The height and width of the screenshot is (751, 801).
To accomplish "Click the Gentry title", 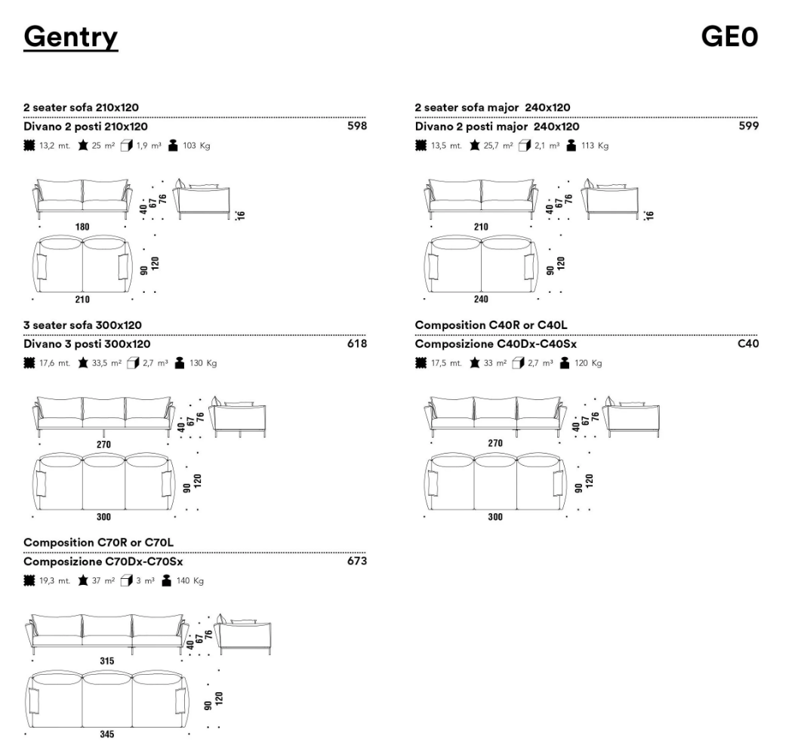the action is coord(70,37).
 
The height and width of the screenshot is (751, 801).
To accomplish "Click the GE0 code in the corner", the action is coord(729,37).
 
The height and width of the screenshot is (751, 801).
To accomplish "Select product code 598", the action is coord(357,126).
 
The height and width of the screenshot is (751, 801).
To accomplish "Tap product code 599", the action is coord(749,126).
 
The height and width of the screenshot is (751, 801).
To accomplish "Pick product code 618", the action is coord(357,343).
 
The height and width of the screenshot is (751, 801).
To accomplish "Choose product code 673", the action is coord(357,561).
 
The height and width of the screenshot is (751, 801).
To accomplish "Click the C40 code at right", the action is coord(748,343).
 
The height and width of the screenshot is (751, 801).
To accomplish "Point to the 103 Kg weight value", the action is coord(197,146).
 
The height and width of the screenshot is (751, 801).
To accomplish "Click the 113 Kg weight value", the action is coord(595,146).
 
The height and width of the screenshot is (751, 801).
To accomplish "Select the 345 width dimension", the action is coord(106,734).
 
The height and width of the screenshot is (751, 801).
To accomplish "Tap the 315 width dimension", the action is coord(106,661).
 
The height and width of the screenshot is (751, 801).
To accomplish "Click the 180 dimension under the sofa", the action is coord(82,227).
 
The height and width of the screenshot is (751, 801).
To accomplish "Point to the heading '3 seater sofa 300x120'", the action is coord(83,325).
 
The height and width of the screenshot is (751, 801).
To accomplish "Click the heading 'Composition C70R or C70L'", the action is coord(99,543).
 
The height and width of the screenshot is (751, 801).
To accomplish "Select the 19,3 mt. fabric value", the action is coord(54,581).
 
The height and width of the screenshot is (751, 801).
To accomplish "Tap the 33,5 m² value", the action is coord(106,363).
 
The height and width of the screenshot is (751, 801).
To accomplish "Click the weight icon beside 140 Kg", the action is coord(167,580).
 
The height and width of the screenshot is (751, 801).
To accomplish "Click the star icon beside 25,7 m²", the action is coord(475,146).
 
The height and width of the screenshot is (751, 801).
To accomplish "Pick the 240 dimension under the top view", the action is coord(481,299).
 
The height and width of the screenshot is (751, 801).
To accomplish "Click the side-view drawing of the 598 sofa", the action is coord(201,199).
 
